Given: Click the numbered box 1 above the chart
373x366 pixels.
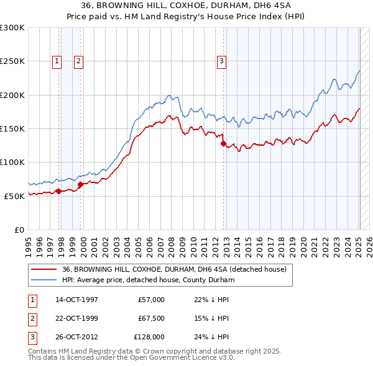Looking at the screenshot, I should [57, 61].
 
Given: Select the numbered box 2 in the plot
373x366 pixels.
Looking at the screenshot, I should [79, 61].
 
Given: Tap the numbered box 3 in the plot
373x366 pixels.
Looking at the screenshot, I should [221, 61].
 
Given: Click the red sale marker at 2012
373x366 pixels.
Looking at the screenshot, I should [223, 143].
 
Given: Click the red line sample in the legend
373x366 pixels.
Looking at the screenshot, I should [44, 270].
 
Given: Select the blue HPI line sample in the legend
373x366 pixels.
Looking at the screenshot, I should [44, 280].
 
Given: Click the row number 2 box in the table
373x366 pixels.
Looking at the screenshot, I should [32, 318].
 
